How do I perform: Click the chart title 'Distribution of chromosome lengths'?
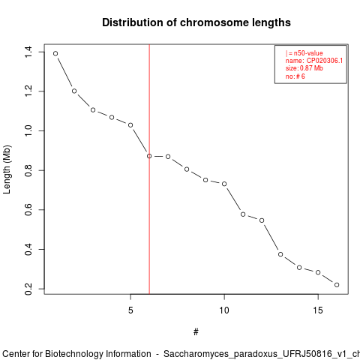pos(196,22)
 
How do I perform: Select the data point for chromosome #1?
pos(55,53)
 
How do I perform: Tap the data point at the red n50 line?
pos(149,156)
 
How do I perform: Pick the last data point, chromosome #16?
pos(337,285)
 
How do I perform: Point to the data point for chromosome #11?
pos(243,214)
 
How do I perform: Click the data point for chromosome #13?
pos(280,254)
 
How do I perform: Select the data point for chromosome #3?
pos(93,110)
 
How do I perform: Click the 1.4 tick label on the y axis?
pos(28,52)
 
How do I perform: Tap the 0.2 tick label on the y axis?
pos(28,289)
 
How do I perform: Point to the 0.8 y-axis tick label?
pos(28,170)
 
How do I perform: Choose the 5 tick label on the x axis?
pos(130,310)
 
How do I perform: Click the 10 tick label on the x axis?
pos(224,310)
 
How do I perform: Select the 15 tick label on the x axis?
pos(318,310)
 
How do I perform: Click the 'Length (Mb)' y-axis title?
pos(7,169)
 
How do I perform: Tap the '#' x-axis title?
pos(196,332)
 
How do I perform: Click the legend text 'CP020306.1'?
pos(325,61)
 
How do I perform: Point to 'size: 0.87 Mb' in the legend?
pos(304,68)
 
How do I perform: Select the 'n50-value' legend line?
pos(304,53)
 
